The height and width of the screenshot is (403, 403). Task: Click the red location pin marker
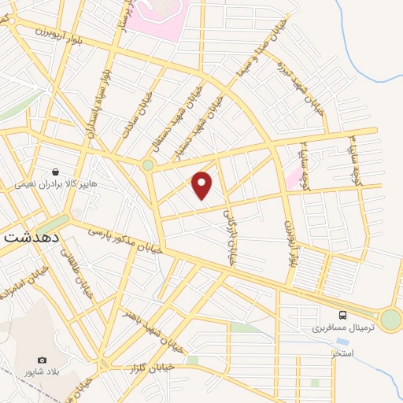click(x=203, y=185)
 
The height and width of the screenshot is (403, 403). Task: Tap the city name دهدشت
click(x=30, y=235)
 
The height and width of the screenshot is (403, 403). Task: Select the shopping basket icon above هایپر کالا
click(x=56, y=171)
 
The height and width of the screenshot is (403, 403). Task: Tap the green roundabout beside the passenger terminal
click(x=390, y=320)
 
